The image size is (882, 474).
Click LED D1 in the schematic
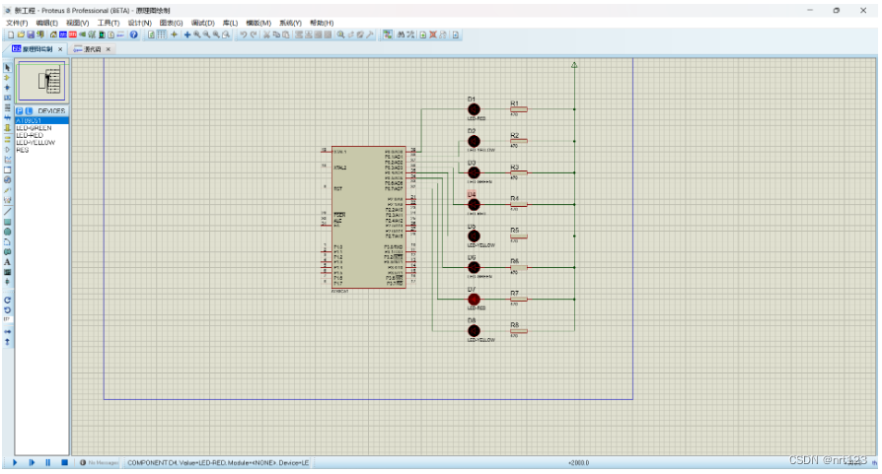(474, 109)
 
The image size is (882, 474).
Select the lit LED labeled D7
(474, 299)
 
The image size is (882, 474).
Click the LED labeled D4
(474, 204)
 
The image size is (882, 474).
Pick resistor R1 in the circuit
(518, 109)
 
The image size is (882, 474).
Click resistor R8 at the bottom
(518, 330)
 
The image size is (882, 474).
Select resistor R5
(518, 236)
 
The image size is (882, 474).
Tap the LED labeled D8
(474, 330)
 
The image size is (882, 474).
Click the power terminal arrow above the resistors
(574, 67)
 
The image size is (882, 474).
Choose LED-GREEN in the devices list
(35, 128)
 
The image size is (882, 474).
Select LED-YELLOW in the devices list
(36, 142)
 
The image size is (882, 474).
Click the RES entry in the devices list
(23, 150)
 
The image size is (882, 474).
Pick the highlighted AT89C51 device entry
(32, 120)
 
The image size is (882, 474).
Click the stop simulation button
(64, 462)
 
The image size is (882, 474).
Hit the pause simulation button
(47, 462)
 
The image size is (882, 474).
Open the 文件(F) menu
(18, 22)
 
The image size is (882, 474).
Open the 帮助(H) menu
(322, 22)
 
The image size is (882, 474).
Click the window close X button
(863, 9)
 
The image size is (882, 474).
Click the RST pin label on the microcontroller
(338, 187)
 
